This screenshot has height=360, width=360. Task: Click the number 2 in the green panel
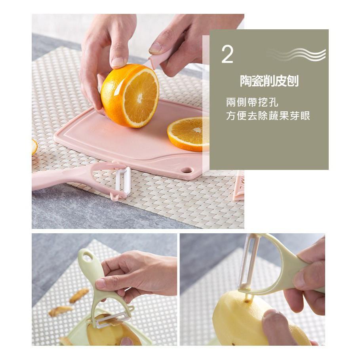(x=227, y=55)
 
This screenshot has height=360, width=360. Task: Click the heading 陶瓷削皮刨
(x=269, y=81)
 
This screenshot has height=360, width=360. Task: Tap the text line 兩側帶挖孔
(x=252, y=103)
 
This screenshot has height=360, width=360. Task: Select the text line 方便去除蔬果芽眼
(x=268, y=116)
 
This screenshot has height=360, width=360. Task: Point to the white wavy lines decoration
(x=297, y=54)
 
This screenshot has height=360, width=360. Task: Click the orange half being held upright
(x=131, y=95)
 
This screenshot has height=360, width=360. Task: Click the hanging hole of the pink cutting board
(x=187, y=170)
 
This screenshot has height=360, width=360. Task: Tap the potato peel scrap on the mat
(x=79, y=295)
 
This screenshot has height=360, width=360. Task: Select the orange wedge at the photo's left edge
(x=34, y=147)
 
